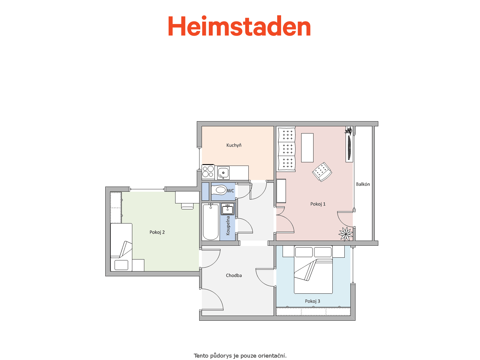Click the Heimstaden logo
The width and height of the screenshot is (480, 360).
239,26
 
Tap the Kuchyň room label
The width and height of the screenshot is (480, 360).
234,145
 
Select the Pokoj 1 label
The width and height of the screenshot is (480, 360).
318,204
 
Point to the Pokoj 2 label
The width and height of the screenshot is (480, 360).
157,232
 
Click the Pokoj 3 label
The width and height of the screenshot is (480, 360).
312,301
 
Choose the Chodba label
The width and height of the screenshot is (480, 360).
234,275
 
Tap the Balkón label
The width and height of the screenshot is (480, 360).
363,184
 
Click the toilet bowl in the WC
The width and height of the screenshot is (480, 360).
219,190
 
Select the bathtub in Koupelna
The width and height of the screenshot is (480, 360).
211,222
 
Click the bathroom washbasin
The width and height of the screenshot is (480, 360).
227,209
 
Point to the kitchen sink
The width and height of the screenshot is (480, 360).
223,173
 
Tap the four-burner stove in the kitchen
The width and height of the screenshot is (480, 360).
208,172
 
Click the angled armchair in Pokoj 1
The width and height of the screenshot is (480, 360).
322,172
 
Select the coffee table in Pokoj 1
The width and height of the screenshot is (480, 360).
307,148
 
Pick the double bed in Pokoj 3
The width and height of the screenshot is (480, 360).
313,270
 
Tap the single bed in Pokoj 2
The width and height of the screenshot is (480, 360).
121,247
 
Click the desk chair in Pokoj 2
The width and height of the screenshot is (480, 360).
187,206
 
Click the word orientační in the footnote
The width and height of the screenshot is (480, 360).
272,355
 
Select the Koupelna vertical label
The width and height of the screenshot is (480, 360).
228,226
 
